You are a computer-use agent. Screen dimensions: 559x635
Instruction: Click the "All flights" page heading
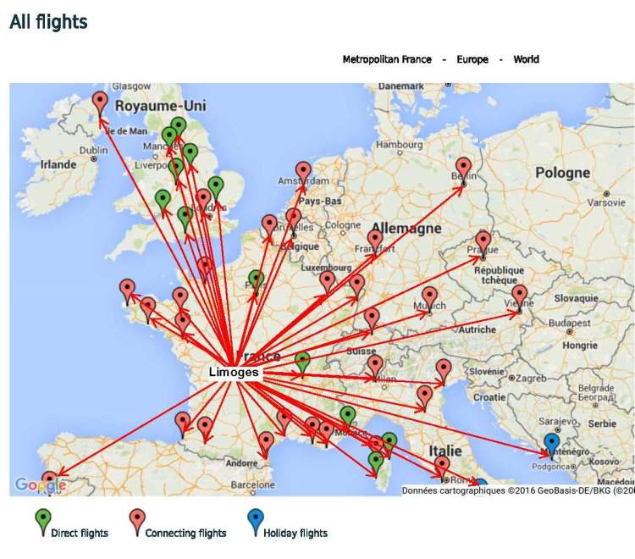tap(48, 22)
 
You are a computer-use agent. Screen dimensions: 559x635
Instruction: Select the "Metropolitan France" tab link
tap(387, 59)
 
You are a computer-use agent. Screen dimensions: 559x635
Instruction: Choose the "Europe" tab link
tap(472, 59)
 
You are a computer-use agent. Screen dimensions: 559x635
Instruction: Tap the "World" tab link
tap(526, 59)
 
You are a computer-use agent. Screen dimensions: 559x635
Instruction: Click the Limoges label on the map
tap(234, 372)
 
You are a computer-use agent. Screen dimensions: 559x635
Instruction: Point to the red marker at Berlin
tap(463, 167)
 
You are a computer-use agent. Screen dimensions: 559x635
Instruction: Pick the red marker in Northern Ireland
tap(100, 102)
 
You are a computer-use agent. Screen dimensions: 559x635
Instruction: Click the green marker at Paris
tap(256, 279)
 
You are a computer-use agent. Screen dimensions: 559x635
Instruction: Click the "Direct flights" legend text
tap(80, 534)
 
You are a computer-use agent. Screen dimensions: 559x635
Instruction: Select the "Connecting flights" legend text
tap(185, 534)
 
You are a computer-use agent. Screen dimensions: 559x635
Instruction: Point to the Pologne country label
tap(562, 173)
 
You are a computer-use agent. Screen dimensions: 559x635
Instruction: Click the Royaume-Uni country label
tap(161, 106)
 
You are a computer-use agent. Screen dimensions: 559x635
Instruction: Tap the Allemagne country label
tap(412, 229)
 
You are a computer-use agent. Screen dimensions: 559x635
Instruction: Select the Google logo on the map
tap(39, 485)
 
